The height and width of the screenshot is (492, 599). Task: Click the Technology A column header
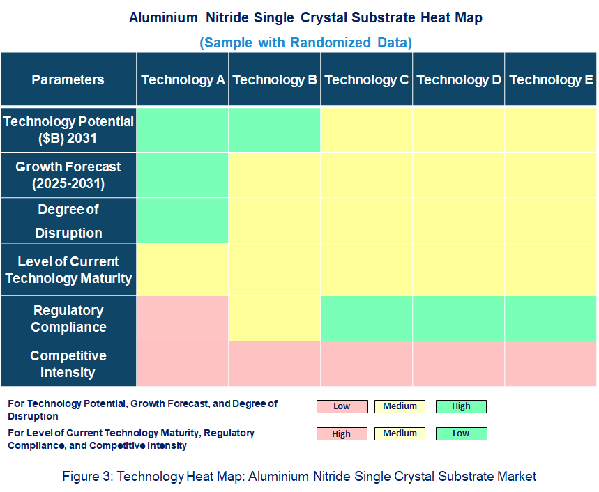(183, 79)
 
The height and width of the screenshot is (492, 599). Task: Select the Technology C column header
(367, 79)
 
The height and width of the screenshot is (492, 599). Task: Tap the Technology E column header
(551, 79)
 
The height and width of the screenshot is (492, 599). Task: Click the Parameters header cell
(68, 79)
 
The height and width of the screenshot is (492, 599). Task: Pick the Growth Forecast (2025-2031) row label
(68, 176)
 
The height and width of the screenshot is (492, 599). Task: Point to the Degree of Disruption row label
(68, 221)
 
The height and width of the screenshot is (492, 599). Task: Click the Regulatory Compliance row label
(68, 318)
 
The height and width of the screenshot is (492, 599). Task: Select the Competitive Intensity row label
(68, 364)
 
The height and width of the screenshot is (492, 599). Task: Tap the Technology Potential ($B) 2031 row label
(68, 130)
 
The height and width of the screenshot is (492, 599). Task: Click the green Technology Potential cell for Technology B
(275, 130)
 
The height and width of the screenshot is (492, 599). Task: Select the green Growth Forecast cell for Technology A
(183, 176)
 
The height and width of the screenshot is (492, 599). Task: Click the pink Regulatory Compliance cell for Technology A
(183, 318)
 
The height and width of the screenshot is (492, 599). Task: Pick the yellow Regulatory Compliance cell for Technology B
(275, 318)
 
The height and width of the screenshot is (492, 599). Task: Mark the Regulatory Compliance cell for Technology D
(459, 318)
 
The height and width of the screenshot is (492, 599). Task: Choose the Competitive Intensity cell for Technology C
(367, 364)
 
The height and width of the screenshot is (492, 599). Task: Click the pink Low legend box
(342, 406)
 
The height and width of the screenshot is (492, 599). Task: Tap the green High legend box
(461, 406)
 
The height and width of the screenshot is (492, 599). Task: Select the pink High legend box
(342, 433)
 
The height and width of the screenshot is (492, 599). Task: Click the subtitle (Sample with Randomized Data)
(305, 43)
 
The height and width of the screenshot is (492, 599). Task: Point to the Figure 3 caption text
(299, 477)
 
